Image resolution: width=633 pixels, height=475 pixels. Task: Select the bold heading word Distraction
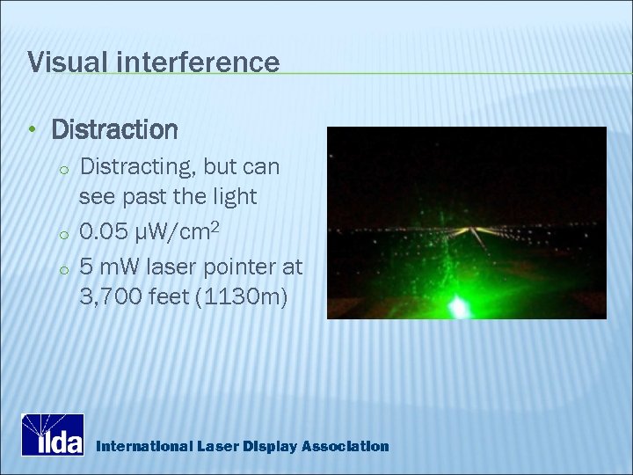coord(115,130)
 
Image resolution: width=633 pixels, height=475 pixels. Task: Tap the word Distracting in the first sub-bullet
coord(133,165)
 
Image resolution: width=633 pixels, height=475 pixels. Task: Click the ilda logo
coord(53,435)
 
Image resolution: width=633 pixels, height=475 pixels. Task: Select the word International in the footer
coord(140,446)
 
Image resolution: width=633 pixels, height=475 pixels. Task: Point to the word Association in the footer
coord(345,446)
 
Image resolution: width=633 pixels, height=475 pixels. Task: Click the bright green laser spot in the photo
coord(458,306)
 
